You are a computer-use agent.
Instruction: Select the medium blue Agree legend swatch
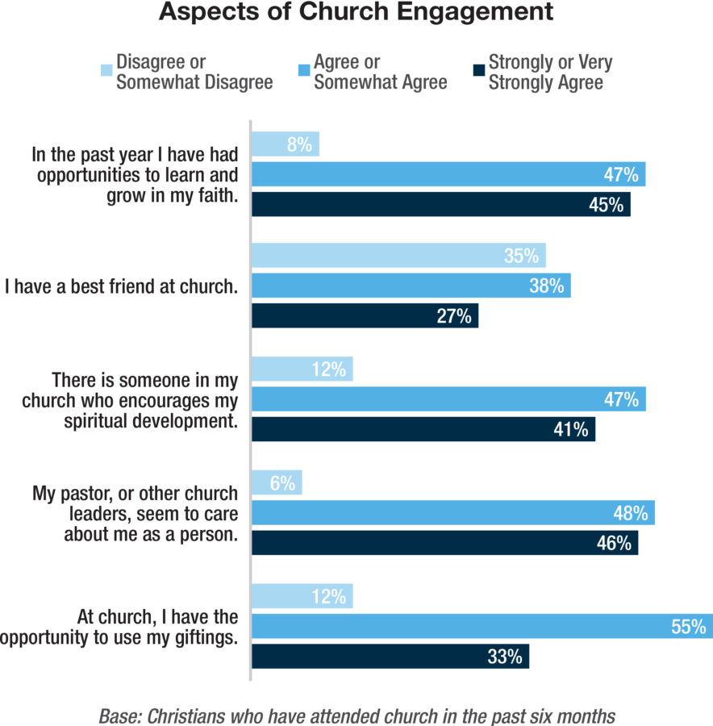304,63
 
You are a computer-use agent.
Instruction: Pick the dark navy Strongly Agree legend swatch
478,63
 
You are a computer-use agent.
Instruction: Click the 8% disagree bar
286,144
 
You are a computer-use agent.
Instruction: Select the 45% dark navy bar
440,204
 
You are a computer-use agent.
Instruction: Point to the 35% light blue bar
398,256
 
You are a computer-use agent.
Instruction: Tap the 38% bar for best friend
411,286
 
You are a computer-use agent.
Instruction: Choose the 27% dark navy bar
365,315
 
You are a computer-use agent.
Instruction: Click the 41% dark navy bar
423,428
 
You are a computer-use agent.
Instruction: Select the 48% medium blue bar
452,513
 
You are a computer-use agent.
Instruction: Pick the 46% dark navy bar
444,543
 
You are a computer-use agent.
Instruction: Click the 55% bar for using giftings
482,625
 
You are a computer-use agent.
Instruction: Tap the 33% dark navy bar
390,655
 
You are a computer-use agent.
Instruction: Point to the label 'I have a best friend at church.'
121,286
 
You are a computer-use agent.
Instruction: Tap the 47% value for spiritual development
621,399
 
